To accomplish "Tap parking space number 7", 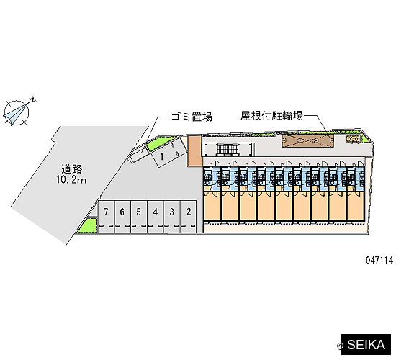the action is (107, 217).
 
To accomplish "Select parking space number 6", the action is (122, 217).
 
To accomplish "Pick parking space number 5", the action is (139, 217).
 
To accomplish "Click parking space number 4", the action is (156, 217).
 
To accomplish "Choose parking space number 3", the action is (172, 217).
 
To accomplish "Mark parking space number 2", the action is (189, 217).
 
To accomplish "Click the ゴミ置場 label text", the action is (192, 117).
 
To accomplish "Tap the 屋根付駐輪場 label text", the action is (271, 116).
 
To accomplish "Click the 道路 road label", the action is (72, 169).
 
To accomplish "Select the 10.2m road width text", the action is (71, 180).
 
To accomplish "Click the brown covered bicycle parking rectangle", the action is (308, 140).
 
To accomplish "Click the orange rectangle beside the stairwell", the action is (194, 150).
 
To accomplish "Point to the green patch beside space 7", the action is (88, 225).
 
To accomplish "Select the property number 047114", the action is (379, 260).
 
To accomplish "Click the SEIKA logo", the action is (366, 345).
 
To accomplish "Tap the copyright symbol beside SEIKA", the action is (340, 346).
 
